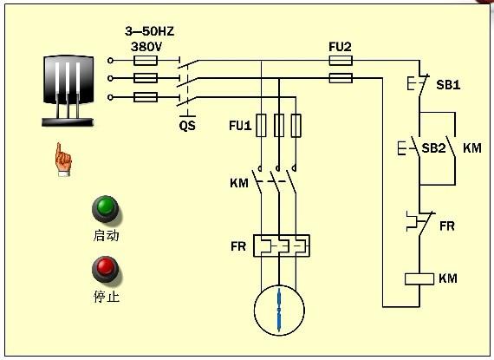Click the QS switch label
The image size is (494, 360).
(187, 125)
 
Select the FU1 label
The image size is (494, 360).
(240, 126)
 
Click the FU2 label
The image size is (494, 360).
(341, 45)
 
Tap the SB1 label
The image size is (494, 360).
(447, 87)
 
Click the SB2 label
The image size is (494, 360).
(433, 148)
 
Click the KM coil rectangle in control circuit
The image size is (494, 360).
(419, 279)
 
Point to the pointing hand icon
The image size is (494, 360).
(62, 160)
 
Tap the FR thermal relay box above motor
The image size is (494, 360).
(280, 246)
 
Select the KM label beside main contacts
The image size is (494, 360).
(239, 183)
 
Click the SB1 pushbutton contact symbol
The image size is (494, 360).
(417, 87)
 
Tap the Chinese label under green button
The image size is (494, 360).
(106, 235)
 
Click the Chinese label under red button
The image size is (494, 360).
(106, 296)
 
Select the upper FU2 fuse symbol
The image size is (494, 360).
(341, 61)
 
